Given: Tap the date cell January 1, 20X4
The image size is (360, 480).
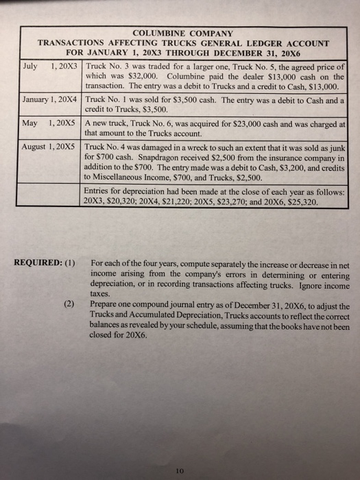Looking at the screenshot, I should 47,99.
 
